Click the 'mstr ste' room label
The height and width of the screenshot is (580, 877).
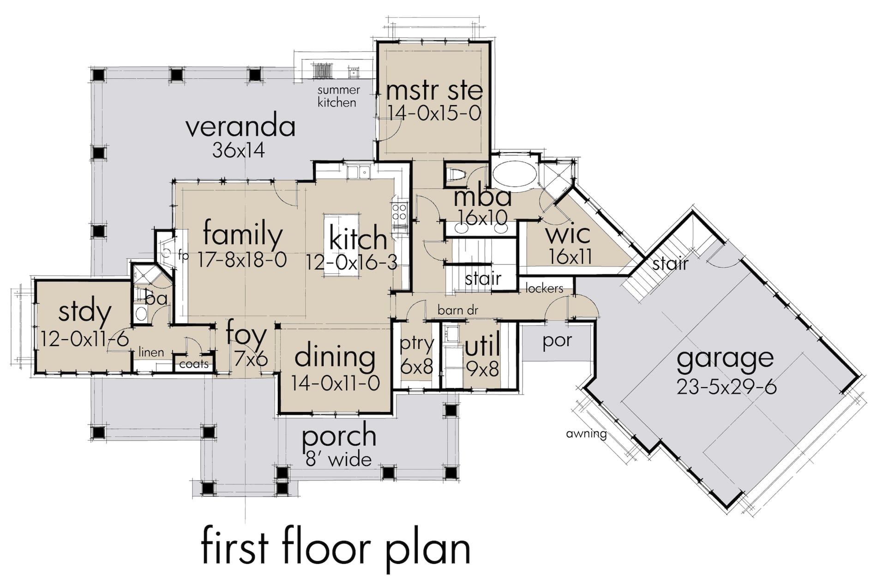[x=434, y=90]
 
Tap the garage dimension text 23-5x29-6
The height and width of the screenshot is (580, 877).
[x=727, y=387]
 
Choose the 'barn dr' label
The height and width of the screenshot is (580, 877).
[x=457, y=310]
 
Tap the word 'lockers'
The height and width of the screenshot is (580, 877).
[x=544, y=288]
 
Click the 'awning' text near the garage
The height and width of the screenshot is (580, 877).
[x=586, y=433]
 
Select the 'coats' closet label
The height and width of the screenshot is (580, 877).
[x=194, y=364]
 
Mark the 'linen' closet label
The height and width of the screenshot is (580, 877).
[x=151, y=352]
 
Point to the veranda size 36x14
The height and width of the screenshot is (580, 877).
[x=238, y=150]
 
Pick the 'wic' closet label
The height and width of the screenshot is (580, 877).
[x=568, y=234]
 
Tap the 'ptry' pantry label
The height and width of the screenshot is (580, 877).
[x=417, y=344]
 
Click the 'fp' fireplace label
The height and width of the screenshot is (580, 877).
[x=183, y=255]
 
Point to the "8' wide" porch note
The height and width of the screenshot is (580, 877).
[x=338, y=459]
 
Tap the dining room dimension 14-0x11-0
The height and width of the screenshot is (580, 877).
[x=335, y=383]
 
